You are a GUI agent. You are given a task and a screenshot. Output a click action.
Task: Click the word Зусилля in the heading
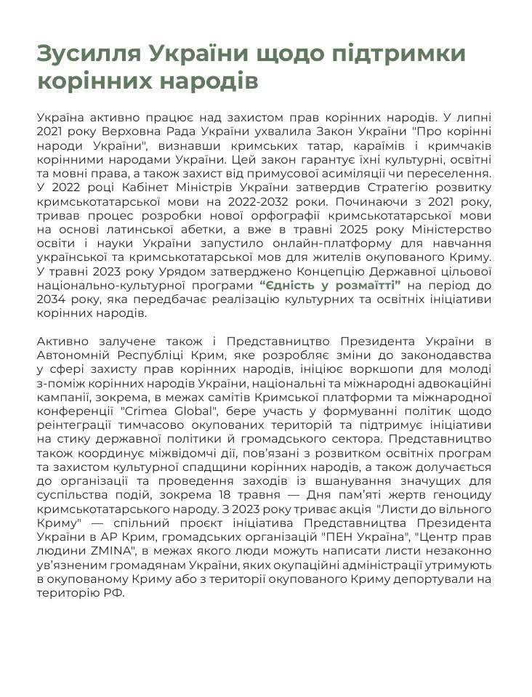click(85, 55)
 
